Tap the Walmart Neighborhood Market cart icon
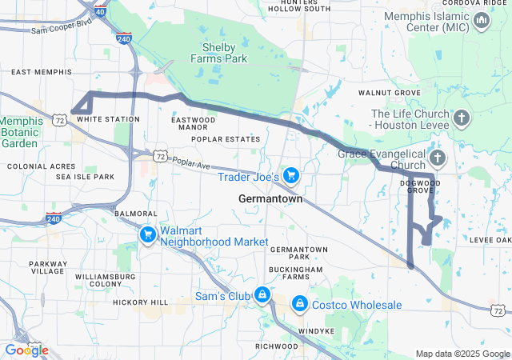pos(147,235)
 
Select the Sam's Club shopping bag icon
pos(262,295)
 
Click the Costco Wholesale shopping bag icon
pos(299,305)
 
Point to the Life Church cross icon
pos(461,119)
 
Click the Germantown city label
pos(270,198)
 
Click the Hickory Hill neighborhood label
pos(141,302)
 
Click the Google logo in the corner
pos(26,350)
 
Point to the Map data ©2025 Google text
pos(462,354)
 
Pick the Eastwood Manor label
pos(193,123)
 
